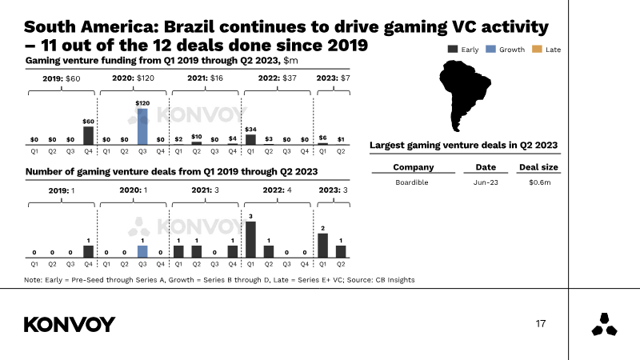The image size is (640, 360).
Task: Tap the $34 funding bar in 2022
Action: [250, 139]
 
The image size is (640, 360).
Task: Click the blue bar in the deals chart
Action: [142, 251]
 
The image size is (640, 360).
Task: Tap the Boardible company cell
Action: [412, 182]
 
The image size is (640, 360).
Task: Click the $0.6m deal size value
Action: [539, 182]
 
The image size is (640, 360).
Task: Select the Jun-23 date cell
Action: [486, 182]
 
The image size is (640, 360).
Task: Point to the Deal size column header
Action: [539, 167]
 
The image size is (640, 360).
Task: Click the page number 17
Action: [541, 324]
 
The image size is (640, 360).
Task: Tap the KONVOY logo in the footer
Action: [70, 324]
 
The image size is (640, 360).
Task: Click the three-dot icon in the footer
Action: [603, 324]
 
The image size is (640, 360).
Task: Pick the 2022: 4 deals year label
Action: [278, 190]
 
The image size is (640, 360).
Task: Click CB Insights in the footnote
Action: [394, 279]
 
